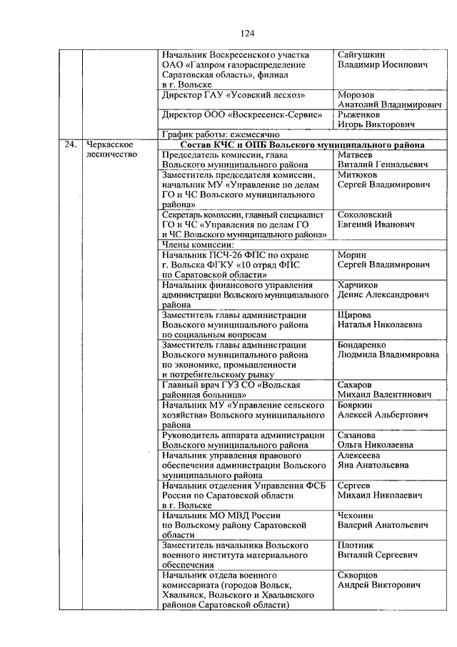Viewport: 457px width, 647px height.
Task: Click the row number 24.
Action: tap(69, 144)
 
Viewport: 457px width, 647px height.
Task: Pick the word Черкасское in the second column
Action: tap(108, 144)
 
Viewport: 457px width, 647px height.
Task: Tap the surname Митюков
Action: tap(358, 174)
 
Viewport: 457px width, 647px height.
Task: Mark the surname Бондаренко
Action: tap(365, 344)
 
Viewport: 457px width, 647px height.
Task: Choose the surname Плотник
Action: tap(355, 545)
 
